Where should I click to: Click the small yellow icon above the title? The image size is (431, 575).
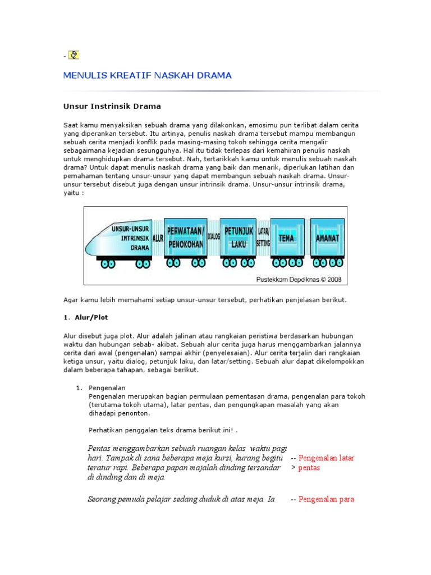coord(74,55)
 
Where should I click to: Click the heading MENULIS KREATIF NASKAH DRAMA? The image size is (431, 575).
coord(148,75)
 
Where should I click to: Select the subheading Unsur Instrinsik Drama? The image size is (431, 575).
coord(112,106)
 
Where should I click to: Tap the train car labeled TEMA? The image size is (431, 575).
coord(287,238)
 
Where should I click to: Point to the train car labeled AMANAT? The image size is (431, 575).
coord(327,238)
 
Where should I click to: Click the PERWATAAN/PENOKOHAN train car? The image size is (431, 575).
coord(185,238)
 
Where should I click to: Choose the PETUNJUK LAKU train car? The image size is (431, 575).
coord(239,238)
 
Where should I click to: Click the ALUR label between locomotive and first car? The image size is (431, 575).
coord(158,238)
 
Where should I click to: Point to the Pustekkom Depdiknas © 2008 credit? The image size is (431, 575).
coord(299,279)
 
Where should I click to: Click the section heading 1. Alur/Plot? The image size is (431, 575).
coord(85,317)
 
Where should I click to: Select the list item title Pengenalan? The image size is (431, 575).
coord(107,388)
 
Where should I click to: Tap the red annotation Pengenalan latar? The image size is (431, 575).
coord(326,458)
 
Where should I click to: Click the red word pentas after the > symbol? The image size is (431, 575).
coord(309,468)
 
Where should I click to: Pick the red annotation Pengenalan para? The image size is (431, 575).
coord(326,499)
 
